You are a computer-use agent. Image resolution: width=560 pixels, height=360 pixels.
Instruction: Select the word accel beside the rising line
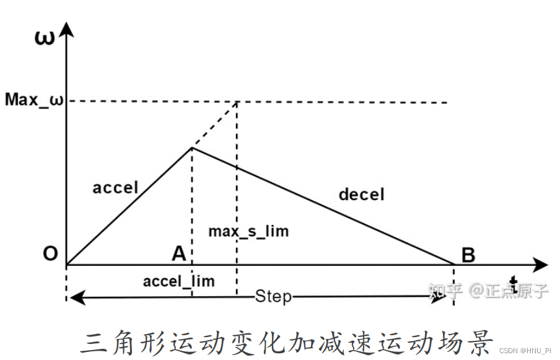[115, 187]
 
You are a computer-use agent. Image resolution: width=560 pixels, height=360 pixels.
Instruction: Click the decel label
[361, 194]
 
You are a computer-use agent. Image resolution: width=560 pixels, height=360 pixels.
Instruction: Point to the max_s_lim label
[248, 232]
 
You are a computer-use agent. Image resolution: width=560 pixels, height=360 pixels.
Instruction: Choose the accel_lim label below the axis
[178, 281]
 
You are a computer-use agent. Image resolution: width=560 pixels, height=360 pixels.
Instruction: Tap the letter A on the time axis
[178, 253]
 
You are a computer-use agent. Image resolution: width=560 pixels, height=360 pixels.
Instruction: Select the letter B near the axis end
[468, 255]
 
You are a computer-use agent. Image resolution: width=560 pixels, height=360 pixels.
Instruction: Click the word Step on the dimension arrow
[273, 296]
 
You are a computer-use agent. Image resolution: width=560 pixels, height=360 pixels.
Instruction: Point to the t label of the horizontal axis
[514, 279]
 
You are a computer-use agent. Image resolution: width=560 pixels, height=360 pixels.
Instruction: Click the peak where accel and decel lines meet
[192, 147]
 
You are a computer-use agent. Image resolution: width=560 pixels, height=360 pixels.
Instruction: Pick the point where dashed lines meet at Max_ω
[237, 102]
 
